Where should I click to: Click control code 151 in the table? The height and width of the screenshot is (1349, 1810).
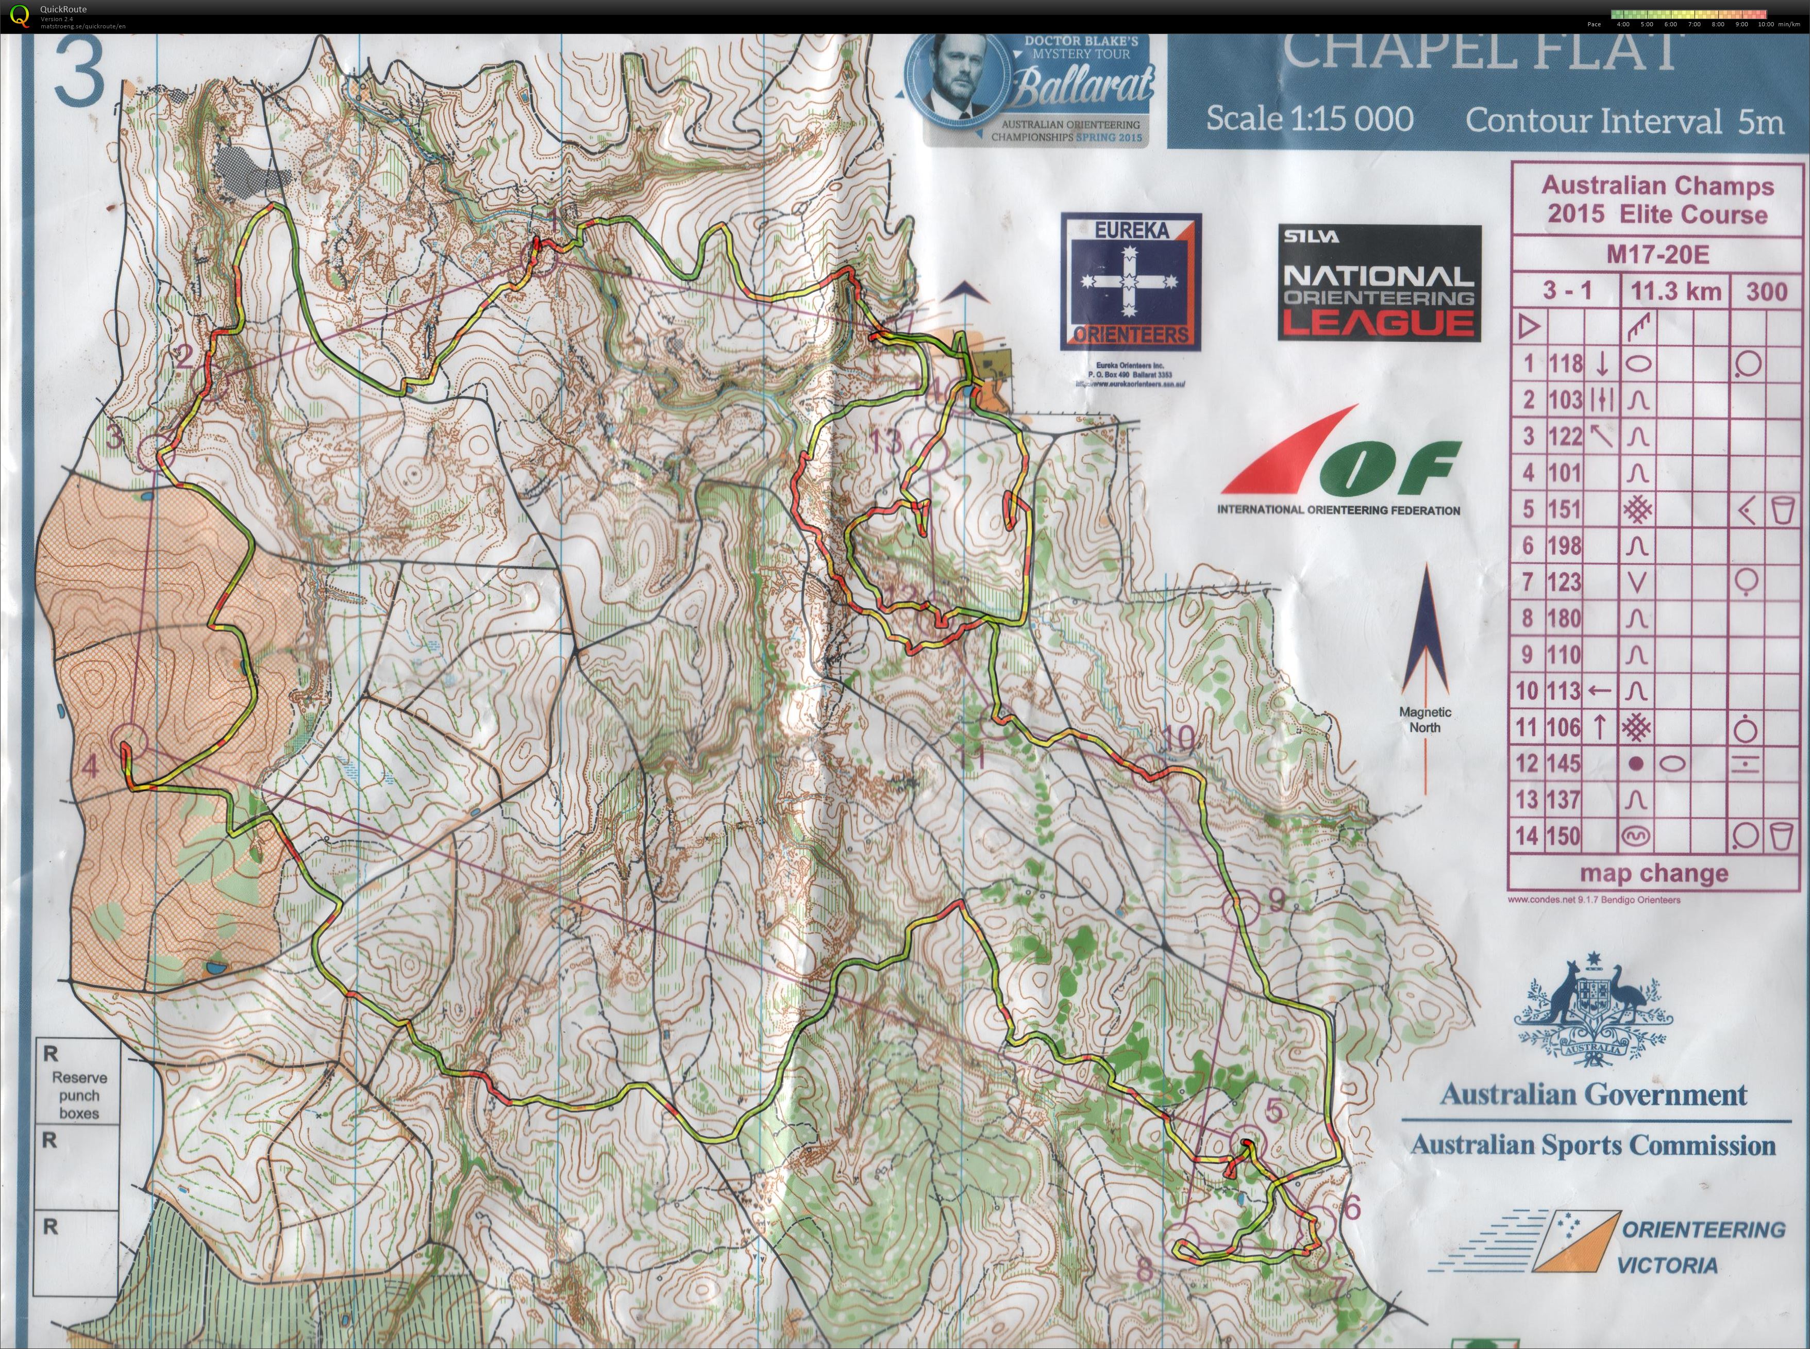click(1564, 510)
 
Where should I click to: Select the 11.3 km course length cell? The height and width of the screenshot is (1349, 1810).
click(1675, 292)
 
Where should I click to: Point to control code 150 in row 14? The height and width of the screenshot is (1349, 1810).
click(1564, 836)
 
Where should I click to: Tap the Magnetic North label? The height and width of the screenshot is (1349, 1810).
click(1424, 720)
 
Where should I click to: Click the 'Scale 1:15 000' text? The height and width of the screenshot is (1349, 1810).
click(1310, 119)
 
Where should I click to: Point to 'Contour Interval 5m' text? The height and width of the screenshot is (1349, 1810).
click(1624, 122)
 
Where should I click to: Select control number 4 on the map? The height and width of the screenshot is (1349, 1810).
click(91, 766)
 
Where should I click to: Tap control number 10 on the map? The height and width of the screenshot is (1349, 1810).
click(1177, 739)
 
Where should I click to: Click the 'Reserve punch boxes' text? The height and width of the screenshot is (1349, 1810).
click(79, 1095)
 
